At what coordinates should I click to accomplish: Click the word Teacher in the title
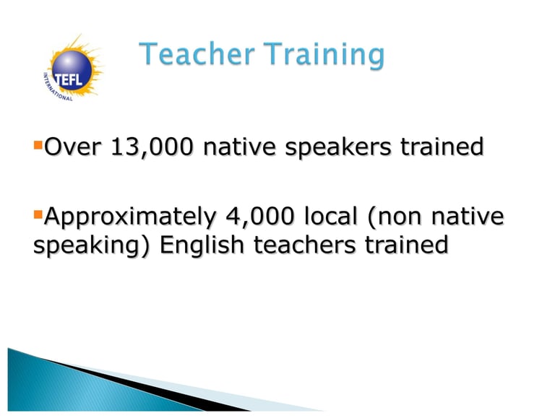197,53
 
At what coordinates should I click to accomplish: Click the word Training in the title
324,55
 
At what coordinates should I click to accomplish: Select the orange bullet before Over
38,145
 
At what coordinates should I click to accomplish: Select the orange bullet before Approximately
38,214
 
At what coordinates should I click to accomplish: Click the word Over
73,147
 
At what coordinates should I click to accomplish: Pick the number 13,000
152,147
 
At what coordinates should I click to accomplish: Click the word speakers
338,148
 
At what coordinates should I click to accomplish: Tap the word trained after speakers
442,147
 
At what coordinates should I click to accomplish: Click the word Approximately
130,217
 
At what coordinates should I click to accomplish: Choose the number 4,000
259,217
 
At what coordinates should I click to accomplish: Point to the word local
330,216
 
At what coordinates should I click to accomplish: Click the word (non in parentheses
395,217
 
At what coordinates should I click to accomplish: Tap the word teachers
304,245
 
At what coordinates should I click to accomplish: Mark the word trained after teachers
406,245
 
